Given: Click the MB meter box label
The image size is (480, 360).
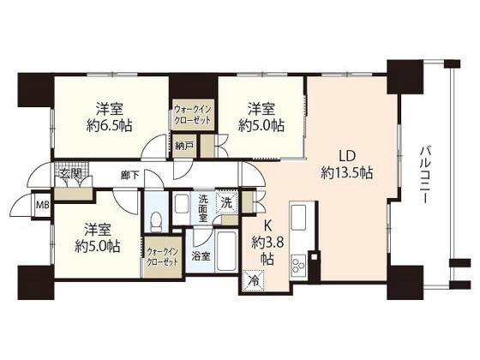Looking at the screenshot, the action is [x=43, y=205].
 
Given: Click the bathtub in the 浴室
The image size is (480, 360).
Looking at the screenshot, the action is [x=225, y=252].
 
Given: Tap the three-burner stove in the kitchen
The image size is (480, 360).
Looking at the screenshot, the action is [x=299, y=265].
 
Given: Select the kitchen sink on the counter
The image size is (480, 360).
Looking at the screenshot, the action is [x=299, y=218].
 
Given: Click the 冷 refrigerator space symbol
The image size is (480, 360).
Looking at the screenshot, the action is [x=254, y=279].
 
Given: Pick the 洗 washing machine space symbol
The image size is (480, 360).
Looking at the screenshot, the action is [x=227, y=202].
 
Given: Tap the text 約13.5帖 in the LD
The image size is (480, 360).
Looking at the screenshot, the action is [x=347, y=173].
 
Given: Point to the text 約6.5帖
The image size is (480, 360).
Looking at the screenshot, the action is [x=110, y=125].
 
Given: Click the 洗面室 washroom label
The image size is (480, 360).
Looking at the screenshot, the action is [x=203, y=208].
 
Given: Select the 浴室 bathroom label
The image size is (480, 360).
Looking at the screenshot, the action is [x=201, y=256].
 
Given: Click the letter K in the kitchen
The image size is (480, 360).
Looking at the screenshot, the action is [x=267, y=226].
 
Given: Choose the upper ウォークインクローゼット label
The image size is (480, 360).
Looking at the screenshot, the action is [x=193, y=114].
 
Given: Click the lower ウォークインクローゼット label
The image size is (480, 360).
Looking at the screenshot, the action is [x=162, y=257].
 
